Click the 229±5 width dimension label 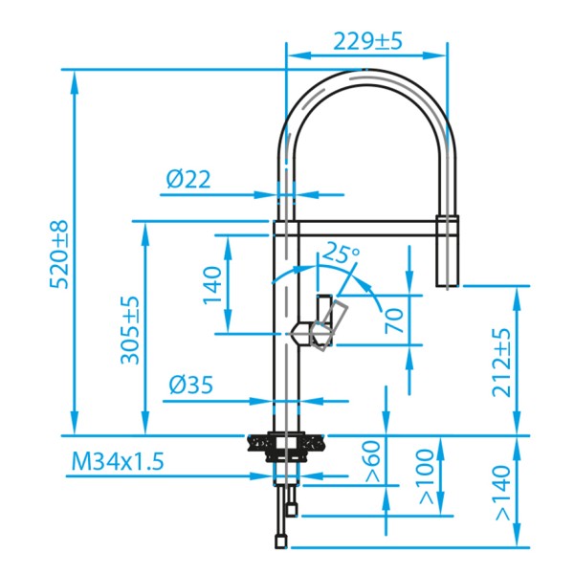click(368, 41)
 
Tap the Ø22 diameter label click(188, 179)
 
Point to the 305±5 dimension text click(130, 329)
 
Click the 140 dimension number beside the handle click(212, 284)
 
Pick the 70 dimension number click(393, 320)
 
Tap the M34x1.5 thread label click(118, 462)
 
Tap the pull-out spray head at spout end click(447, 254)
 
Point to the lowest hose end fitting click(280, 541)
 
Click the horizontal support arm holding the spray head click(364, 228)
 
